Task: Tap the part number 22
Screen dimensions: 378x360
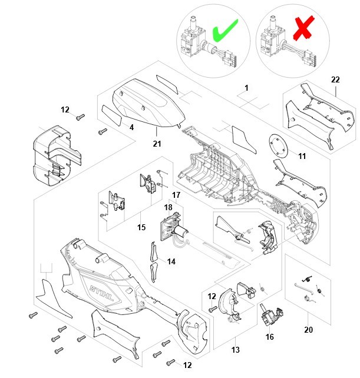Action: click(336, 80)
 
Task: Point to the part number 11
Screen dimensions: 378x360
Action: click(302, 157)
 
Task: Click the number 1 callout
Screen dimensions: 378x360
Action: click(246, 88)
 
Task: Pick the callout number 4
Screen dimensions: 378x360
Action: click(131, 127)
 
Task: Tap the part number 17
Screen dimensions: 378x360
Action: click(176, 195)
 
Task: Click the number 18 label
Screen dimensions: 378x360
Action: click(168, 207)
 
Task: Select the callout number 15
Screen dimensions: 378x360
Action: click(141, 227)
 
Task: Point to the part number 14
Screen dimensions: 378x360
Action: click(171, 261)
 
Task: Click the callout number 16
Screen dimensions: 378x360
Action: click(270, 337)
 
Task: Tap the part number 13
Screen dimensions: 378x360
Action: click(236, 350)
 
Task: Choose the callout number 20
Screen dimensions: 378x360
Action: click(308, 330)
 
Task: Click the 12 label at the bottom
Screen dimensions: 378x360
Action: click(187, 365)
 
